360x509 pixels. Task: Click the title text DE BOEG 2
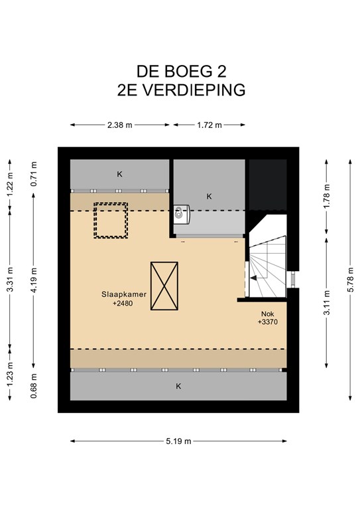[181, 72]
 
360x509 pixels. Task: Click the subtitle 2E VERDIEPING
[181, 90]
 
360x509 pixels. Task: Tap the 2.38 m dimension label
[120, 125]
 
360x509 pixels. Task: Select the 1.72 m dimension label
[210, 125]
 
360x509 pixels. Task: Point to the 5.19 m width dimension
[178, 441]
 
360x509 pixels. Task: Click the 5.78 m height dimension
[350, 280]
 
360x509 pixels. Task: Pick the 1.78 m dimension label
[327, 196]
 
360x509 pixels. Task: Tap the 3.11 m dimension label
[327, 302]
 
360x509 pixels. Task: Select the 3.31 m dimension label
[10, 279]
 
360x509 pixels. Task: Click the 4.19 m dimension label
[34, 280]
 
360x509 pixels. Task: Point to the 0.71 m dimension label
[34, 174]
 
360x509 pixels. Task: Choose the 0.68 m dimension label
[34, 386]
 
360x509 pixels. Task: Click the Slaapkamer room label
[124, 294]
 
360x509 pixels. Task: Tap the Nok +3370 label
[268, 318]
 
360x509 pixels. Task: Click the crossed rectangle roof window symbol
[164, 286]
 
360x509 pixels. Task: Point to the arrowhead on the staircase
[253, 278]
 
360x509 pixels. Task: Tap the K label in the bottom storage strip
[178, 386]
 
